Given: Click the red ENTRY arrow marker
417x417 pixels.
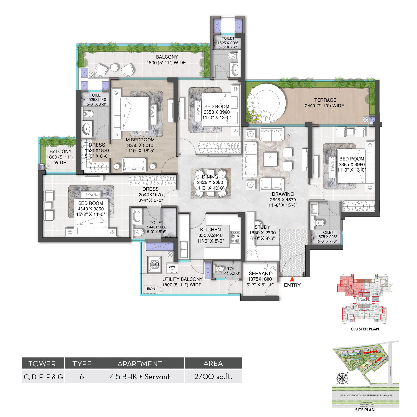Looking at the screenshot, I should click(292, 279).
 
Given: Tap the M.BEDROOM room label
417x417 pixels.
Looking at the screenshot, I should click(140, 140).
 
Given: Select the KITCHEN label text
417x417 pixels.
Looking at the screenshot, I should click(210, 230).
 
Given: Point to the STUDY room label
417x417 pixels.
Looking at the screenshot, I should click(262, 227).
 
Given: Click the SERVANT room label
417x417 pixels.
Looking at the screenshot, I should click(260, 273).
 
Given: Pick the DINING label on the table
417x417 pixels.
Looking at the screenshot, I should click(210, 177).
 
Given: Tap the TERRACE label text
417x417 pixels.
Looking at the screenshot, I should click(325, 100).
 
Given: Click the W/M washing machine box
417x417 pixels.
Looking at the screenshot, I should click(172, 267).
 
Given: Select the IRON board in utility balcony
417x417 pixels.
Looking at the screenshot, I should click(151, 289).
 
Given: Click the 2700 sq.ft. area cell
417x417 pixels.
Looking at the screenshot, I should click(213, 377).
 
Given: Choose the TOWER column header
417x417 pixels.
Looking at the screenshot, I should click(42, 363).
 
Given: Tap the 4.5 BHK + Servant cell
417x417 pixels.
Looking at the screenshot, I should click(140, 377).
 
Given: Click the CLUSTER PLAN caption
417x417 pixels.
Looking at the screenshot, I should click(365, 329).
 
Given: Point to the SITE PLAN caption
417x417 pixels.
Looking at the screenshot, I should click(365, 410).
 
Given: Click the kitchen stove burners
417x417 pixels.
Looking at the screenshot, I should click(235, 237).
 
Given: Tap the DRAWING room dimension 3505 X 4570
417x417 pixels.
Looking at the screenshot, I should click(283, 200).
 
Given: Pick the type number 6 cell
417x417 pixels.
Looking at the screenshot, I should click(81, 377).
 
